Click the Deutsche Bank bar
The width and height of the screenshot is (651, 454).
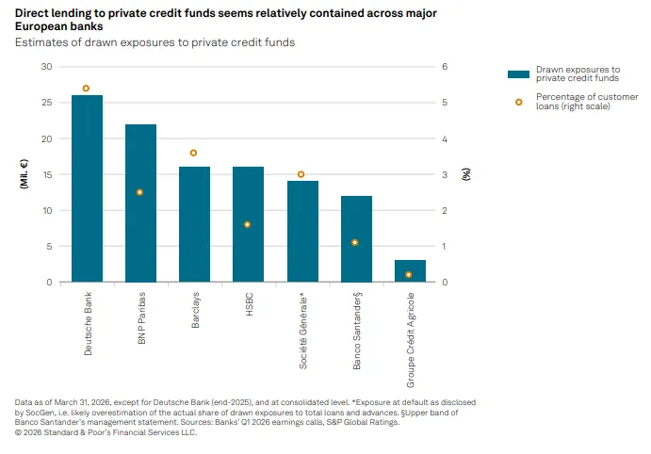point(88,188)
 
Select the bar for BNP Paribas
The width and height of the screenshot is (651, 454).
point(140,203)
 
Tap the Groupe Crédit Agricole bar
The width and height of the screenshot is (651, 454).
point(410,271)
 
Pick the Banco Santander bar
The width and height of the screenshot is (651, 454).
point(357,239)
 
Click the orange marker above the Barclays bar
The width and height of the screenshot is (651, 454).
point(193,154)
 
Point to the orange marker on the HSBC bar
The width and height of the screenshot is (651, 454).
point(247,224)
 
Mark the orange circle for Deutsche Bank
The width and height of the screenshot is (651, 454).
point(86,89)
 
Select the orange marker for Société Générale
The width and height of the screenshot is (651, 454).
point(301,174)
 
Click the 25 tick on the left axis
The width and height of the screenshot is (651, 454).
point(47,103)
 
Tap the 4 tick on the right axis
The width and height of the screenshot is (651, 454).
point(445,138)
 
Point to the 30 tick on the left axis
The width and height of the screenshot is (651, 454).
point(46,66)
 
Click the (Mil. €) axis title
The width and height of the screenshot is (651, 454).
point(24,174)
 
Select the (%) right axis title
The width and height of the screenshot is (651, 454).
point(466,174)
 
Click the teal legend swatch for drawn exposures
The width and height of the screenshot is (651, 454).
point(518,74)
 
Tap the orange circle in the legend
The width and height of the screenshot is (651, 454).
point(519,102)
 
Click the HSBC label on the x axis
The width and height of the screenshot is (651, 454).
point(249,304)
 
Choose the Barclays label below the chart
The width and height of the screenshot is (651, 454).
point(195,310)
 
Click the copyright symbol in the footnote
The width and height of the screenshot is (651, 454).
point(18,432)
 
